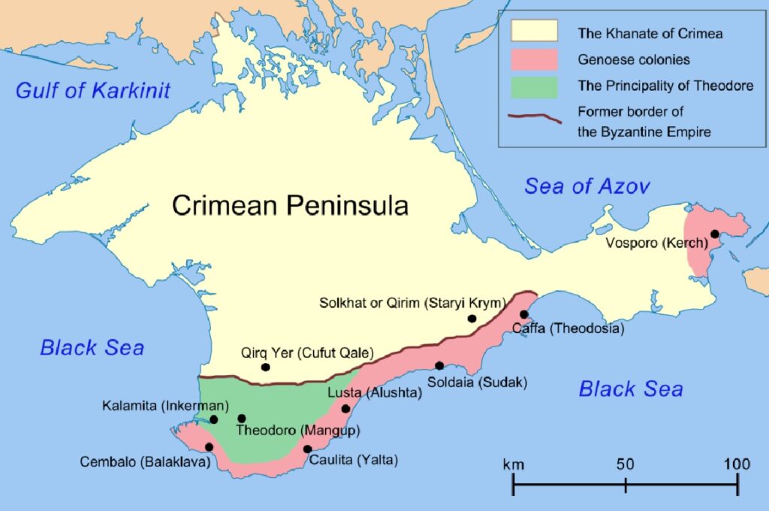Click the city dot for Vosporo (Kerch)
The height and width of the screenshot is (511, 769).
[715, 234]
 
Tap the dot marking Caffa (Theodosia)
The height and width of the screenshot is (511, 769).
[524, 314]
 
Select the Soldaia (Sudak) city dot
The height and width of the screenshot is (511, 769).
[439, 366]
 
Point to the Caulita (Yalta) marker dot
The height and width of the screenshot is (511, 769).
[307, 449]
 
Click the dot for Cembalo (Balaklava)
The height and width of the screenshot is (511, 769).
[209, 446]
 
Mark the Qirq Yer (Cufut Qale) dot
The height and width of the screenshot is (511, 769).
[265, 367]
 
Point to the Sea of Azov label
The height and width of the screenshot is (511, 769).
[587, 186]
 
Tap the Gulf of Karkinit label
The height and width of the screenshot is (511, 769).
[93, 91]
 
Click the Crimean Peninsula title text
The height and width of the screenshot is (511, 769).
[290, 204]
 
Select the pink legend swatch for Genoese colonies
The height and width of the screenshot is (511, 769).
[534, 59]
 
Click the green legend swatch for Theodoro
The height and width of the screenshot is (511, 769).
[534, 86]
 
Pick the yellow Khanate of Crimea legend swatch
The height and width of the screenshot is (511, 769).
[534, 32]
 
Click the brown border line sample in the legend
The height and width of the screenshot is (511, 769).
[534, 116]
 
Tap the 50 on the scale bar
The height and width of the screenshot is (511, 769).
[626, 464]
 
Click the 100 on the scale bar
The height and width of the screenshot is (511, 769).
[736, 464]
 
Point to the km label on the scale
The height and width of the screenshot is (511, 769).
[514, 464]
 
